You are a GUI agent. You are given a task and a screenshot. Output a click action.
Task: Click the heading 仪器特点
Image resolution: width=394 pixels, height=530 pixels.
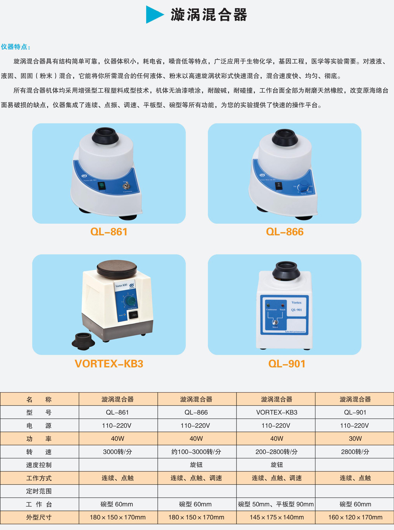coord(15,47)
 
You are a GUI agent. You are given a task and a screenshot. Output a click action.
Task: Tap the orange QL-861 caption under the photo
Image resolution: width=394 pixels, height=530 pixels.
coord(109,232)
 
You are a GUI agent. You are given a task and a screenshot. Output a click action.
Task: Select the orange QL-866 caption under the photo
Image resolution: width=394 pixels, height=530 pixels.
coord(285,232)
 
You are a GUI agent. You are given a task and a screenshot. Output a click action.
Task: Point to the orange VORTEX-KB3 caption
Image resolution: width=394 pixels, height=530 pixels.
coord(109,364)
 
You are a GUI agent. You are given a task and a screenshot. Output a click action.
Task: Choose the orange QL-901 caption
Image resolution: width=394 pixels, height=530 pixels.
coord(287,364)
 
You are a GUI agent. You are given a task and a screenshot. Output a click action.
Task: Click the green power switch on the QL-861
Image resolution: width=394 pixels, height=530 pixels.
coord(102,186)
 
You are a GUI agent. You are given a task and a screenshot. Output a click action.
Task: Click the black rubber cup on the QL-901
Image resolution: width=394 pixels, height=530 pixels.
coord(286,270)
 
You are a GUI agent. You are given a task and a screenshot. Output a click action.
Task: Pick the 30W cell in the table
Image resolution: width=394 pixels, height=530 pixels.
coord(355,439)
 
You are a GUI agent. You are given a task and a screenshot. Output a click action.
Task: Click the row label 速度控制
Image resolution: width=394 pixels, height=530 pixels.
coord(39,465)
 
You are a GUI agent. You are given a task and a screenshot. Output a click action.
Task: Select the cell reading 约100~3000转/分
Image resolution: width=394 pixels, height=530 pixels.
coord(196,452)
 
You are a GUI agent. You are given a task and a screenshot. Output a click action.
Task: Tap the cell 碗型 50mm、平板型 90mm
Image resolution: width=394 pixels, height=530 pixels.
coord(276,504)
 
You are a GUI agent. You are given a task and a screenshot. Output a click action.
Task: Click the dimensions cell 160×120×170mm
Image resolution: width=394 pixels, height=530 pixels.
coord(355,517)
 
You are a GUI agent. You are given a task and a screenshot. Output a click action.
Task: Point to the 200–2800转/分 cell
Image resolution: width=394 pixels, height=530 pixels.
coord(276,452)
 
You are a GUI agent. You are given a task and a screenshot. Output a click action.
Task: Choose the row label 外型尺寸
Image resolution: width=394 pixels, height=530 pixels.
coord(39,517)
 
